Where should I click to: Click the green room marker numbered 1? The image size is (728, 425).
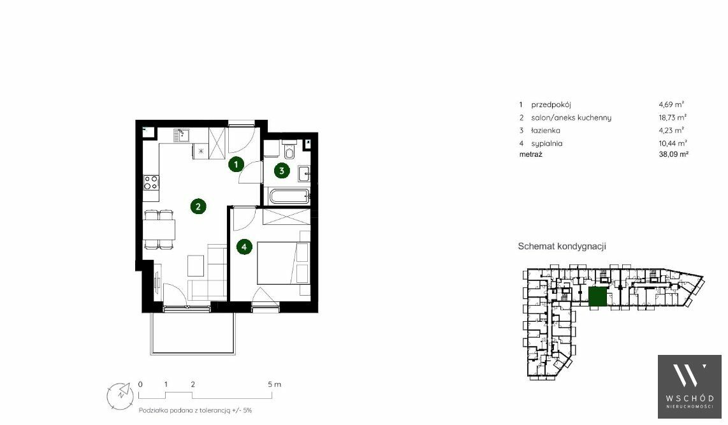tap(236, 164)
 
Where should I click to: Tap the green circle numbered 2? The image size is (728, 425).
tap(198, 206)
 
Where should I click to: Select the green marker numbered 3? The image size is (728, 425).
tap(281, 171)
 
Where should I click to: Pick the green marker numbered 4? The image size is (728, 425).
tap(244, 247)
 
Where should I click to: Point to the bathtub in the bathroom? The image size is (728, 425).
tap(289, 196)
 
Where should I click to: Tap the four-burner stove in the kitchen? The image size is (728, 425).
tap(150, 182)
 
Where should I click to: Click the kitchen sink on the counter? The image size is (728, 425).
tap(180, 134)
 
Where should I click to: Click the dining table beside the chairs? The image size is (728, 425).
tap(159, 229)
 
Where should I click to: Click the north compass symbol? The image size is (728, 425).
tap(120, 396)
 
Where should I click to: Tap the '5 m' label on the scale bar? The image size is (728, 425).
tap(274, 384)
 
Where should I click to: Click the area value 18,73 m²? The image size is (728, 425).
tap(673, 118)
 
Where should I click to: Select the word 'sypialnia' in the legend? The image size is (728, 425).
tap(546, 144)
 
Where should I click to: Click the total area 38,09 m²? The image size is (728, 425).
tap(673, 154)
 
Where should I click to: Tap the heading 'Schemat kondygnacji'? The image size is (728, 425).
tap(562, 247)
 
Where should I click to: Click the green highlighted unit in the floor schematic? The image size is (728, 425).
tap(597, 297)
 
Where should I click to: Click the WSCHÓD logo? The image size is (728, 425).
tap(690, 387)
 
